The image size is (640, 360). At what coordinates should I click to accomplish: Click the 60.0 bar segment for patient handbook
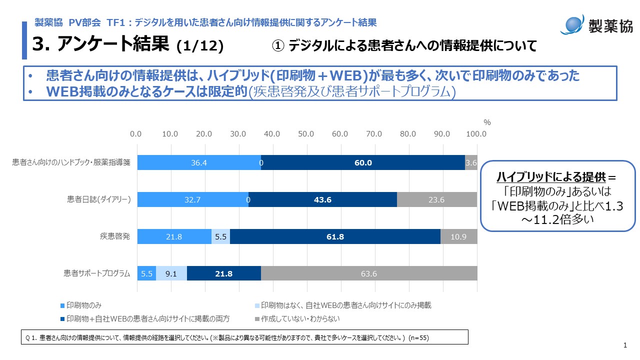[363, 163]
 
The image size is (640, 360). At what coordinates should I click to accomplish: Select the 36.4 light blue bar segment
[198, 163]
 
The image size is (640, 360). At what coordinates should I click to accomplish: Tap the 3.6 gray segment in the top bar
[471, 163]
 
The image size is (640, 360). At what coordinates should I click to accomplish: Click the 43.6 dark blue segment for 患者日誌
[322, 199]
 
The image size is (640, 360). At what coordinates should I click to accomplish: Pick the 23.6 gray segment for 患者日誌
[437, 199]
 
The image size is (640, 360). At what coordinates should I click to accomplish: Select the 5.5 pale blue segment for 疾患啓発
[220, 236]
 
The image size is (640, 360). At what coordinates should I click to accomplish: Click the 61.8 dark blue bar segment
[335, 236]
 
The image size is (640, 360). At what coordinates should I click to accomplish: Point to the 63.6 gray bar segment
[369, 273]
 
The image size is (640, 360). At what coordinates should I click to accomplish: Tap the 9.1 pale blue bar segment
[171, 273]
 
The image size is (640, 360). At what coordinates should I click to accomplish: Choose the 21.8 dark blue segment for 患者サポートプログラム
[224, 273]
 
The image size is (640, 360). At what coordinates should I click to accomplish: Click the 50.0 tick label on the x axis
[306, 134]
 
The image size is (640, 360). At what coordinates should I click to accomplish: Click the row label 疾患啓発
[116, 236]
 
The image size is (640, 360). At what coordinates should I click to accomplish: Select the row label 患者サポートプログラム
[97, 273]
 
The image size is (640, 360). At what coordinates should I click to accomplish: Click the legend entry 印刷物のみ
[81, 305]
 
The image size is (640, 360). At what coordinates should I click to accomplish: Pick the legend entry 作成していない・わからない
[296, 318]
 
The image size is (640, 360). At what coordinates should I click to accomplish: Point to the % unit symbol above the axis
[487, 122]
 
